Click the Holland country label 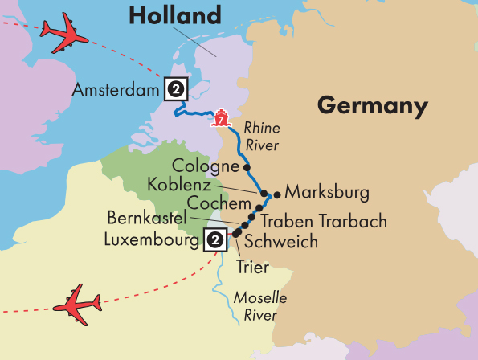(x=174, y=15)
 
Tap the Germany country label (x=371, y=106)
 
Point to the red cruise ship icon (x=220, y=118)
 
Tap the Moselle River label (x=259, y=305)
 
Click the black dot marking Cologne (x=247, y=168)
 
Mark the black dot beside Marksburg (x=277, y=194)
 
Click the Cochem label (x=213, y=201)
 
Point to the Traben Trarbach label (x=325, y=221)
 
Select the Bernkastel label (x=147, y=218)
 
